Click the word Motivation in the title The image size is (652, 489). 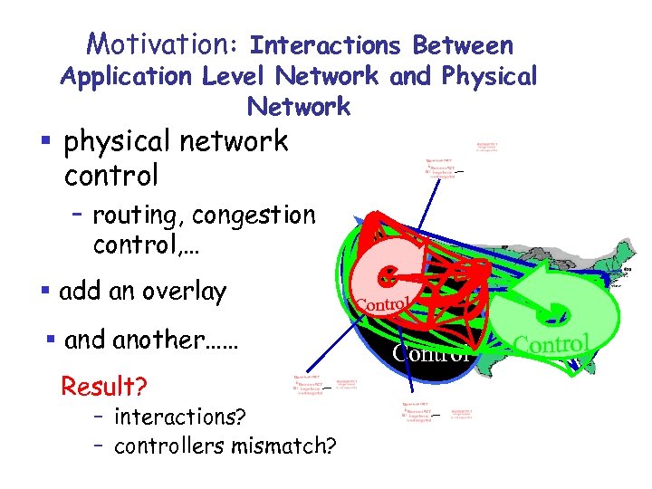(160, 43)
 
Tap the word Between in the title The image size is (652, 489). (463, 44)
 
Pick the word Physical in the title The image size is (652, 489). (490, 76)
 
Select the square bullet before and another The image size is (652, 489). (51, 341)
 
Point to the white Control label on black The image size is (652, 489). (433, 351)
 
